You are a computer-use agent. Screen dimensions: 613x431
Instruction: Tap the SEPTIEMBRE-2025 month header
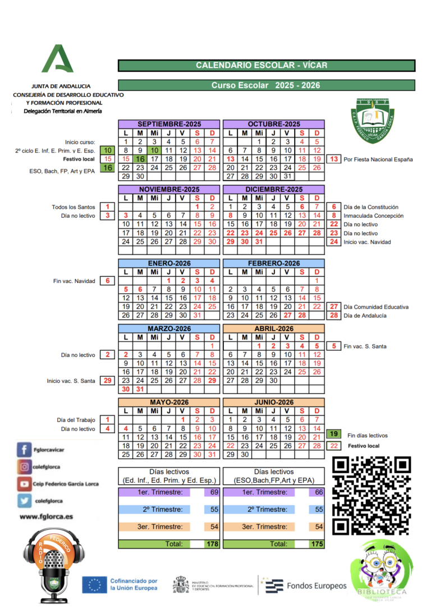(169, 124)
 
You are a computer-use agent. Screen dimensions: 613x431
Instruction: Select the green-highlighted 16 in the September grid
(140, 159)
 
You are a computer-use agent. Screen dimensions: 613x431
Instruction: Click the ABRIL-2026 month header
(274, 328)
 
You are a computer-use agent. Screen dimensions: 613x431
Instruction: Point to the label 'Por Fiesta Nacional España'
(378, 159)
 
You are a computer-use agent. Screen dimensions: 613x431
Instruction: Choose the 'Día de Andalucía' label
(365, 315)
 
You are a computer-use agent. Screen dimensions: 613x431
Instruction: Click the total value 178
(212, 544)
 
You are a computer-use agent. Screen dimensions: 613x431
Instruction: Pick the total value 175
(317, 544)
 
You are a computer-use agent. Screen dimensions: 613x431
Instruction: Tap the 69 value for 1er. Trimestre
(213, 492)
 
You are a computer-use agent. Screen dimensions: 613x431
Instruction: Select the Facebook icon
(25, 450)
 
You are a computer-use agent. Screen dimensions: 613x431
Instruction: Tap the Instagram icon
(25, 466)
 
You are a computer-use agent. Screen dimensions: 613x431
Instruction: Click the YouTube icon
(25, 483)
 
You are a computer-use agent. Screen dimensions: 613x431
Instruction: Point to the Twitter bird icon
(25, 501)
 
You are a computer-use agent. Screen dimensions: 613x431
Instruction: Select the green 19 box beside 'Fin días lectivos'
(334, 434)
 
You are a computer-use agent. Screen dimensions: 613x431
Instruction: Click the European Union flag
(94, 584)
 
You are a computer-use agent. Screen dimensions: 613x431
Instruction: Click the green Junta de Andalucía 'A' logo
(57, 59)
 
